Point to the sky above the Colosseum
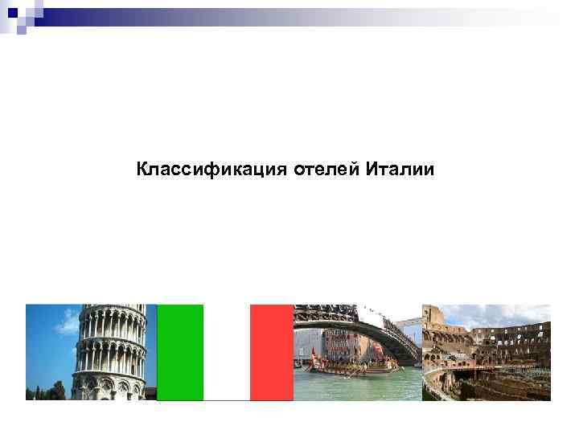point(499,313)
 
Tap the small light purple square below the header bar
point(22,31)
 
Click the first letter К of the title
point(142,170)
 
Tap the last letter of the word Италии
point(430,170)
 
